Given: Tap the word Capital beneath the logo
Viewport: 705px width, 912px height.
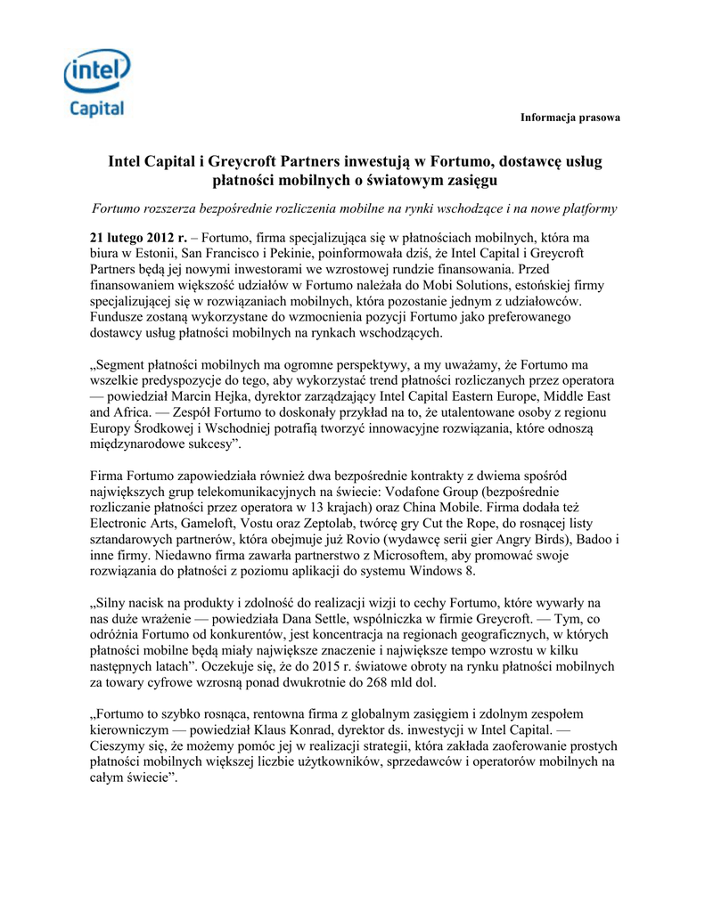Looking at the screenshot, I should click(x=97, y=110).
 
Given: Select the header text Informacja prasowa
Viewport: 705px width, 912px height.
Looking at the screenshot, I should click(x=570, y=118).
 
